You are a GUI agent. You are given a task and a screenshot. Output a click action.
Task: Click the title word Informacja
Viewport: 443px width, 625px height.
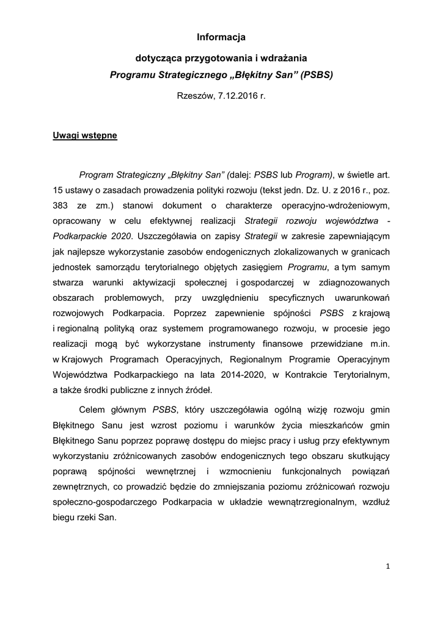pyautogui.click(x=221, y=37)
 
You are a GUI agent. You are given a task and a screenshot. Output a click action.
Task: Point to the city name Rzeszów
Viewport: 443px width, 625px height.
pyautogui.click(x=194, y=96)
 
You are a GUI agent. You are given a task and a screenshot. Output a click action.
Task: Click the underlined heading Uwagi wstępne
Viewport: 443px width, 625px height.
pyautogui.click(x=85, y=135)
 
